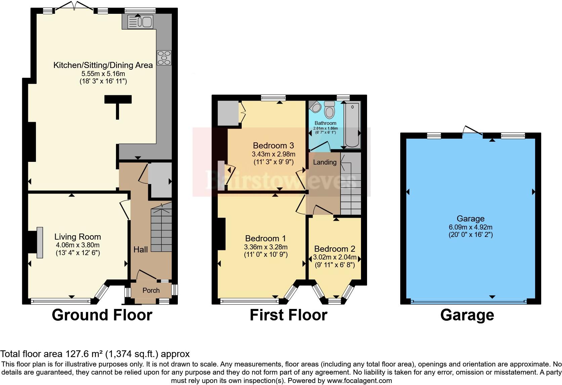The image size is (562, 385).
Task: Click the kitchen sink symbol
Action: [x=140, y=22]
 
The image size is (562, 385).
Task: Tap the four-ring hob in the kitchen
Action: [x=164, y=58]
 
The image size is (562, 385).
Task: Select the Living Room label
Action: [x=78, y=237]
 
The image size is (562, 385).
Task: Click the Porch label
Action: [x=151, y=290]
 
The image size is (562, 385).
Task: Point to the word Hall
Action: [x=140, y=249]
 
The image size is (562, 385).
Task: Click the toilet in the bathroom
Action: [x=329, y=109]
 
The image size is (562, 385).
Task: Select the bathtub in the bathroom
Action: [x=353, y=125]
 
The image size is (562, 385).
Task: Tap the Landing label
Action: [x=325, y=162]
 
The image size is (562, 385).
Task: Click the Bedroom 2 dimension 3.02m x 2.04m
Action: [x=335, y=257]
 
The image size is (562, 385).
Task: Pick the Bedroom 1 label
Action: [x=266, y=238]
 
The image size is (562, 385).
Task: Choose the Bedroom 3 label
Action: [x=274, y=145]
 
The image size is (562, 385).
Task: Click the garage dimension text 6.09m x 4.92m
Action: [x=471, y=227]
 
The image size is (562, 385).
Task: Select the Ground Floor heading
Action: [x=102, y=315]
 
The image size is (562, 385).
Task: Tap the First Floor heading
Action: [x=288, y=315]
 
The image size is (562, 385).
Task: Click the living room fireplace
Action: [x=40, y=243]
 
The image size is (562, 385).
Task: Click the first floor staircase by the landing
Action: [x=351, y=184]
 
